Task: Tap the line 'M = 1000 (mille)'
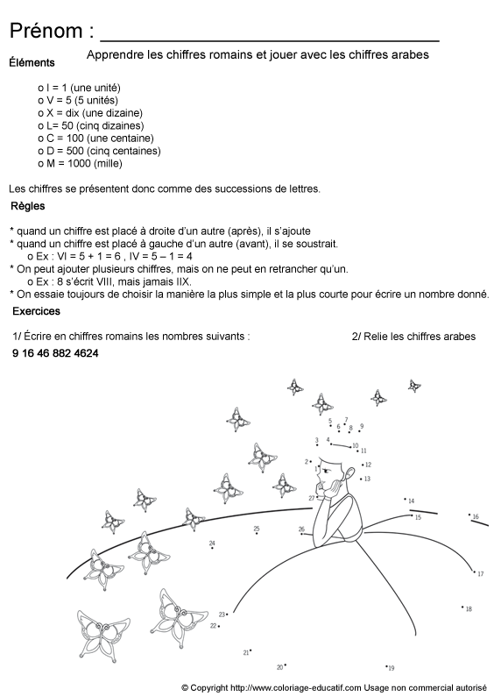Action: click(83, 162)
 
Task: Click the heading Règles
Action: click(28, 206)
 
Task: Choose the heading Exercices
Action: click(36, 310)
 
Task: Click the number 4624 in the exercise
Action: click(86, 353)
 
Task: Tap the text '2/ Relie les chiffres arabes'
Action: click(413, 336)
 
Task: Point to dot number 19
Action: click(386, 665)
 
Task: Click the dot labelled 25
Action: click(257, 534)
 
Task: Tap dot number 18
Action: click(462, 606)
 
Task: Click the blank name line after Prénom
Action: click(270, 39)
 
